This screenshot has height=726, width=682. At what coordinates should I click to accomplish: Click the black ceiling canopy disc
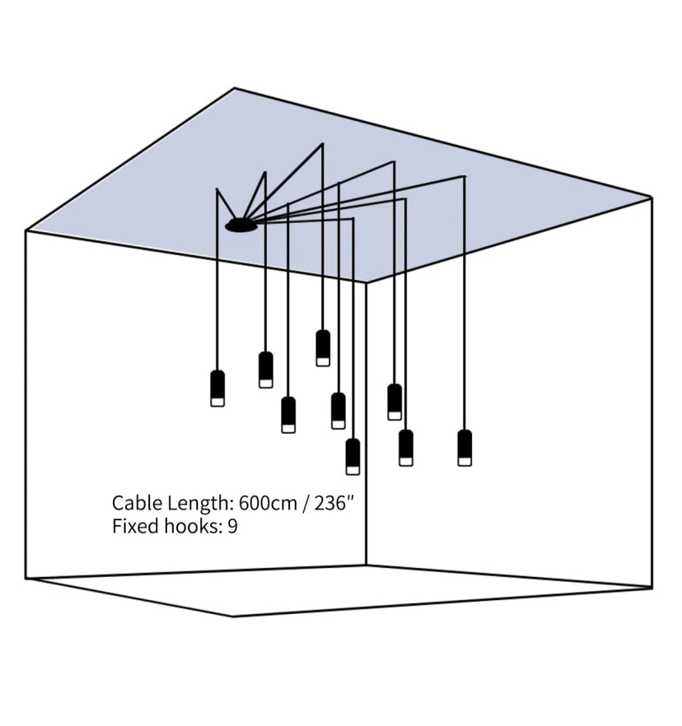241,225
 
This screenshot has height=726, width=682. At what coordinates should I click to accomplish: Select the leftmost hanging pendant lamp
217,388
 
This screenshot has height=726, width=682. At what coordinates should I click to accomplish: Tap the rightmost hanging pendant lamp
465,447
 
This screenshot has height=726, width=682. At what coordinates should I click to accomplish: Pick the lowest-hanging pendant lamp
353,456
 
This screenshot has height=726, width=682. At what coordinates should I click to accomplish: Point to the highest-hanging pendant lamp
323,347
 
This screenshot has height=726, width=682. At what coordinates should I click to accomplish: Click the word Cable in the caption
133,503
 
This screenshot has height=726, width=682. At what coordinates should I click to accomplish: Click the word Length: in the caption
195,503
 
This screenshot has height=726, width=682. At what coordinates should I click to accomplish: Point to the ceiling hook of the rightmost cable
464,176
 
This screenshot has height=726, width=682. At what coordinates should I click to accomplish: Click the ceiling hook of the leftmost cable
217,190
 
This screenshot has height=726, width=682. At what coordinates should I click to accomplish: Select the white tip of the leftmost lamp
217,402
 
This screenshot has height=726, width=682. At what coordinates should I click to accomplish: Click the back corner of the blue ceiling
235,88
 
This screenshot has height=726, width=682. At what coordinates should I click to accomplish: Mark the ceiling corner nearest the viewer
367,282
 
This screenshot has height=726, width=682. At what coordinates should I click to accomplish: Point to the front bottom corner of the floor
233,616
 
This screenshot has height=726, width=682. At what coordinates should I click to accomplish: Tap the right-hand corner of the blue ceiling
652,198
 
